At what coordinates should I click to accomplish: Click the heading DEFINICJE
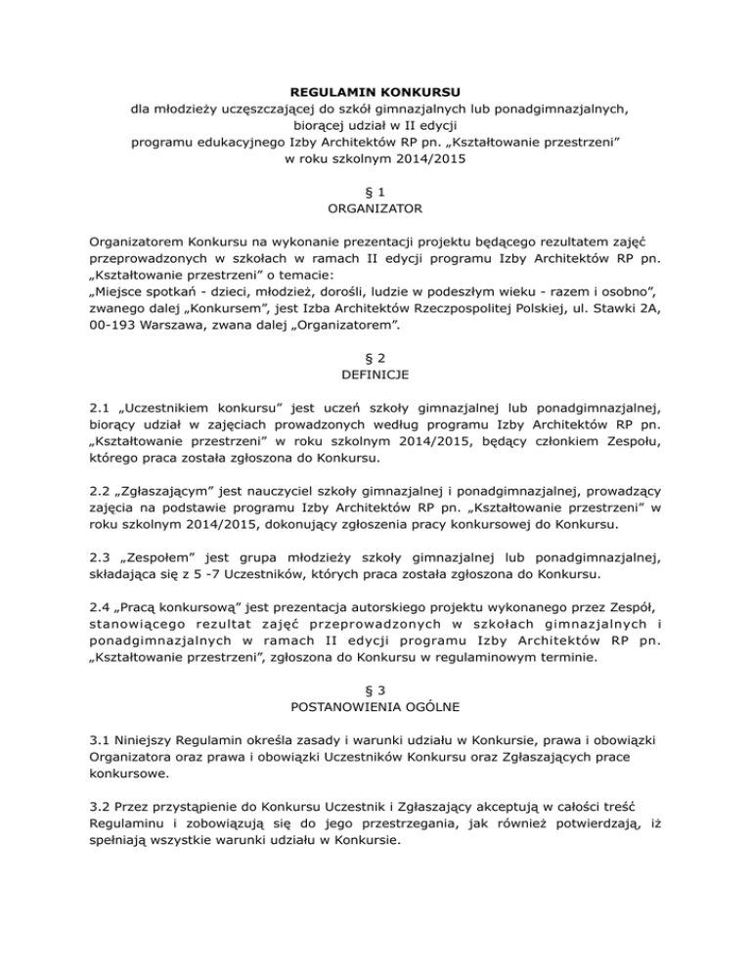point(375,374)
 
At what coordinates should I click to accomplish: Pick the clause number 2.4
point(100,603)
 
